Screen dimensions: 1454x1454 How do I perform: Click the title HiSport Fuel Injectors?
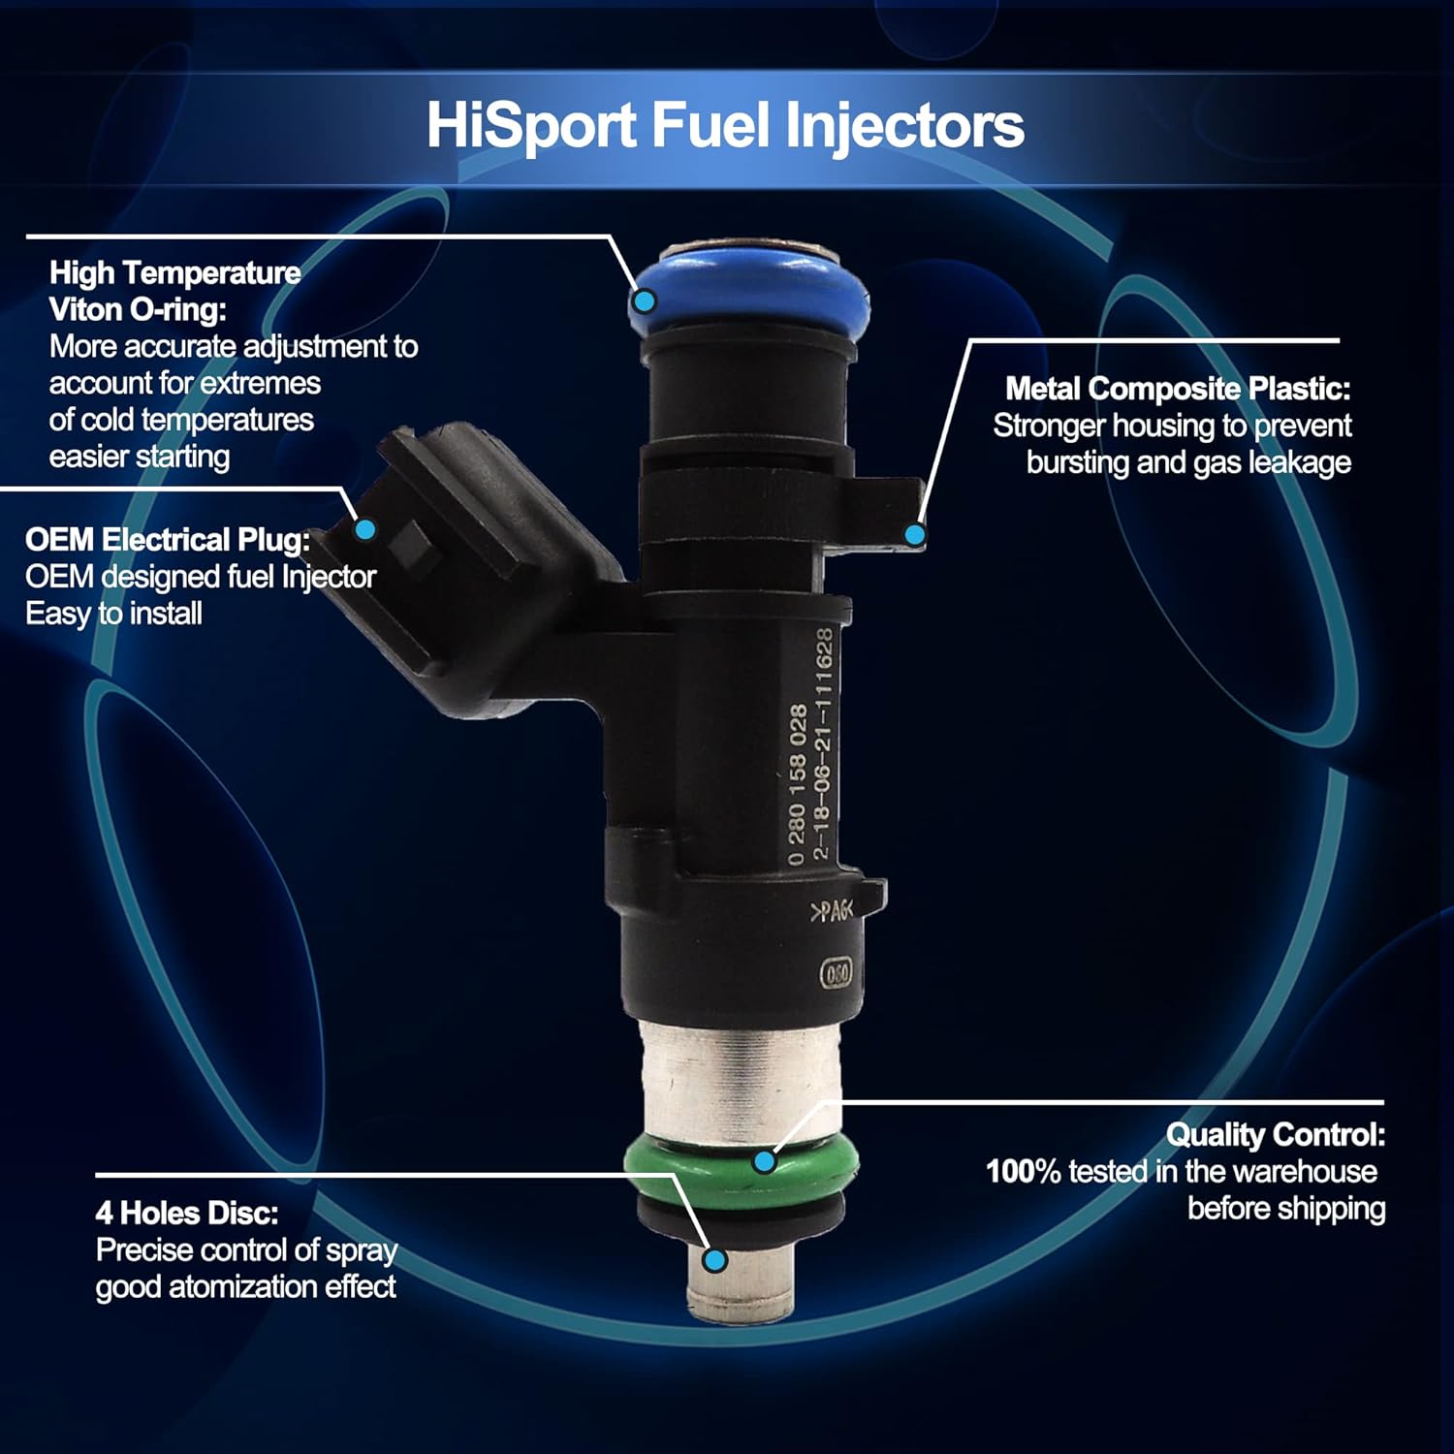(x=725, y=126)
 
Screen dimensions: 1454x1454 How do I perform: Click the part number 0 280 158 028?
(x=797, y=785)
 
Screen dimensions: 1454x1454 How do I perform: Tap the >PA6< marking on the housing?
(x=831, y=911)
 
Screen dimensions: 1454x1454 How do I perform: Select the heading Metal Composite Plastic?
(x=1177, y=389)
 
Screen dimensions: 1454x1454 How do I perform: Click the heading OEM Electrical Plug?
(x=168, y=540)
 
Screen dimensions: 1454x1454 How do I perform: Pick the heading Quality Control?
(x=1275, y=1134)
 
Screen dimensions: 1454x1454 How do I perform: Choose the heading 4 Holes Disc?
(x=187, y=1214)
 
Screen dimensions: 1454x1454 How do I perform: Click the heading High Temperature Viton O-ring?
(x=174, y=291)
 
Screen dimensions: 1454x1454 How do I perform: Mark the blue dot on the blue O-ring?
(x=644, y=301)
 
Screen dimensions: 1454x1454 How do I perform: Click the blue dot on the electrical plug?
(x=365, y=529)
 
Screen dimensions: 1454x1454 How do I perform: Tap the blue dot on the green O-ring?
(x=765, y=1160)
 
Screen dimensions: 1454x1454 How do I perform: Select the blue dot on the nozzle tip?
(x=715, y=1260)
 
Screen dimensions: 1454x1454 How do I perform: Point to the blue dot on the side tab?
(x=914, y=533)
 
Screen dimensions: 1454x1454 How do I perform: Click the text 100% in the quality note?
(x=1024, y=1172)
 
